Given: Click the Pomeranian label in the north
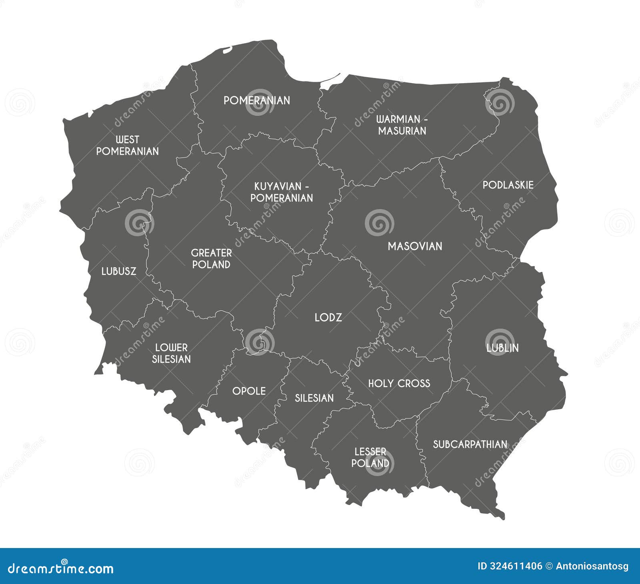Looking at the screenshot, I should (x=257, y=100).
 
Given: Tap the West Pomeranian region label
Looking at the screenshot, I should (x=128, y=146).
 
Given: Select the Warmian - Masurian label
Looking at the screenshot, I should (x=402, y=125).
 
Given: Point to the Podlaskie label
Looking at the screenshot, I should (x=508, y=185).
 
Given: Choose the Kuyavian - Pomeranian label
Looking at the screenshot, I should (x=282, y=192).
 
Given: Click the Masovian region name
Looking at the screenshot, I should (x=415, y=246).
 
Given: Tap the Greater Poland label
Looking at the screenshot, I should (x=211, y=259).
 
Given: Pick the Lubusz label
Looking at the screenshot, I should (x=119, y=271).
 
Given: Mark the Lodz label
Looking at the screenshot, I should (x=328, y=318).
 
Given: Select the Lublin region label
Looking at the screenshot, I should (x=502, y=348).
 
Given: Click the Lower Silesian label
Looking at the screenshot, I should (x=171, y=353).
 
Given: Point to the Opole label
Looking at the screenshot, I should (x=249, y=391).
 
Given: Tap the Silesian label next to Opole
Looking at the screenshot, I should (x=314, y=398).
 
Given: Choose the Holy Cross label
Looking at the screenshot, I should (x=399, y=384).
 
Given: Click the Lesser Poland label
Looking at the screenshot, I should (x=370, y=458).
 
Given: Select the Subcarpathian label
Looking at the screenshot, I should (x=470, y=444).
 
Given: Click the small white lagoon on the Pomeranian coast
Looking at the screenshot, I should (x=227, y=50).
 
